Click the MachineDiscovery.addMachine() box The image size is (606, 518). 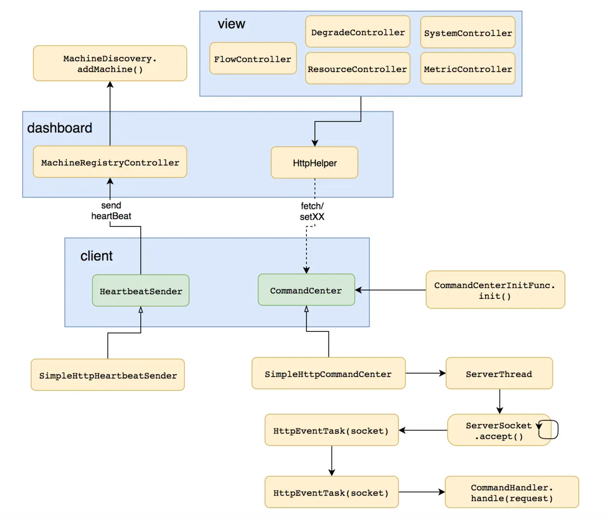click(x=110, y=63)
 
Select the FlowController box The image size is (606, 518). click(x=253, y=59)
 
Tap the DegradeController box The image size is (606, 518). click(x=358, y=32)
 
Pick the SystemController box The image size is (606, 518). click(x=468, y=33)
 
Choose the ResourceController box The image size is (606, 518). click(x=358, y=69)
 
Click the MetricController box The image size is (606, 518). click(x=468, y=69)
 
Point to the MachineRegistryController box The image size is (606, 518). click(x=110, y=162)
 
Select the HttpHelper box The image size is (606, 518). click(x=314, y=163)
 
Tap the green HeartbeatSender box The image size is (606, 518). click(x=141, y=291)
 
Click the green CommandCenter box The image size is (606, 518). click(x=306, y=290)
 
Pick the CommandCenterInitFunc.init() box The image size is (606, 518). click(x=495, y=290)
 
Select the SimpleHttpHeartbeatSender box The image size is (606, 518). click(x=108, y=375)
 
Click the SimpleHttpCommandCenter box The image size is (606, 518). click(x=328, y=373)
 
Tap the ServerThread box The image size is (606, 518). click(x=499, y=373)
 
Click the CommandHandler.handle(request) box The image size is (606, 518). click(x=512, y=492)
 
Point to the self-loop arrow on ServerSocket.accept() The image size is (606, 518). click(x=550, y=430)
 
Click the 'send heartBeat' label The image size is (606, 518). click(x=111, y=211)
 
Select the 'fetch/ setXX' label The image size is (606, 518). click(x=312, y=211)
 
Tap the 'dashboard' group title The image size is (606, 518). click(x=60, y=128)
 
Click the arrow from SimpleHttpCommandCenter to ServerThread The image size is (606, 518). click(x=425, y=373)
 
